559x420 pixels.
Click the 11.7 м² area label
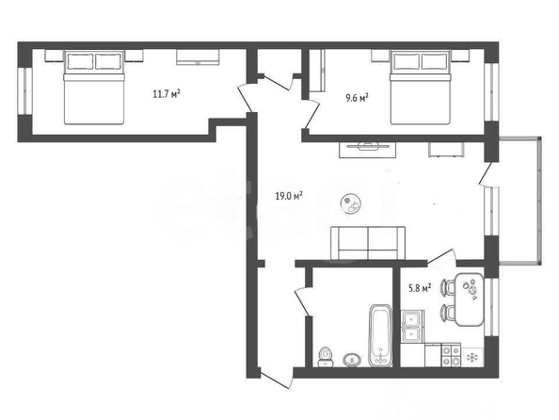(167, 94)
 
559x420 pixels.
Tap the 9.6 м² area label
(357, 98)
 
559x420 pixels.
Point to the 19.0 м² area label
(289, 196)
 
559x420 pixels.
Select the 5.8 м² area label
(420, 288)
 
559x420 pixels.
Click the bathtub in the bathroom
(381, 335)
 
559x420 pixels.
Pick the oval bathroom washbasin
(353, 360)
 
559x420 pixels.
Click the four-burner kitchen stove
(452, 355)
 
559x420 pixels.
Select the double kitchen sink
(412, 327)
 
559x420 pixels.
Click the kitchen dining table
(470, 299)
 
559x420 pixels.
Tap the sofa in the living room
(368, 243)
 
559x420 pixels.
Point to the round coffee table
(351, 204)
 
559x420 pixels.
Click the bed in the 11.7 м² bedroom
(94, 88)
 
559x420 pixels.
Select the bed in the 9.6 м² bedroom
(421, 88)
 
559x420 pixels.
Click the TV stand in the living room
(368, 150)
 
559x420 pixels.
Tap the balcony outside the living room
(519, 201)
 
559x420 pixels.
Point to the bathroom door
(302, 302)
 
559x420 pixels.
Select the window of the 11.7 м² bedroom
(25, 91)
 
